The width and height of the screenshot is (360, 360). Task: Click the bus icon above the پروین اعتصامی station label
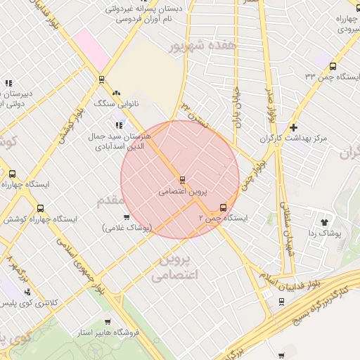tap(183, 180)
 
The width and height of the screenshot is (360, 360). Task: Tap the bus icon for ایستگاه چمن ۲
tap(223, 207)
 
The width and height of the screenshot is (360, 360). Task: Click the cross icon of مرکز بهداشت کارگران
tap(293, 127)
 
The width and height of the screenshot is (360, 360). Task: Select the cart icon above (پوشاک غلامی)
tap(127, 217)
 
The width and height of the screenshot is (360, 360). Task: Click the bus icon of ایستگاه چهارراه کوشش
tap(39, 209)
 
